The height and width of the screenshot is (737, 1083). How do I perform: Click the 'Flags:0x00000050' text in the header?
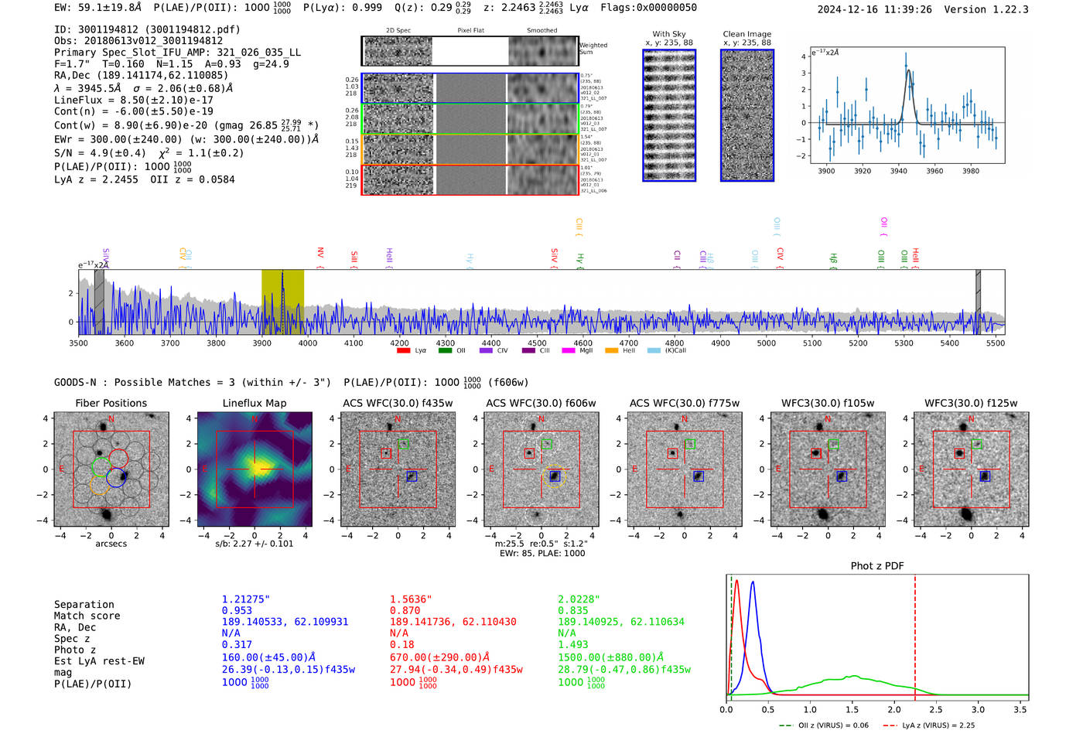pos(648,8)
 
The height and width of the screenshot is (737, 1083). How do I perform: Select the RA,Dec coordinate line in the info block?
pos(142,75)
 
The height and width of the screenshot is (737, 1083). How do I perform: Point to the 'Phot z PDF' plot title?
pos(877,565)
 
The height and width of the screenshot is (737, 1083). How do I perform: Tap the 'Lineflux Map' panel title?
pos(254,403)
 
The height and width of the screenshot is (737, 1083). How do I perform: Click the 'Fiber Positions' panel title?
pos(111,403)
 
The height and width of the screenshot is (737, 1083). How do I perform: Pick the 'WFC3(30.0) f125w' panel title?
pos(971,403)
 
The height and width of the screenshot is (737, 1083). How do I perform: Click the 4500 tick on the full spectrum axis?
pos(537,343)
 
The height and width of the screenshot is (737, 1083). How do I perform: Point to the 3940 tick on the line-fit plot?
pos(898,171)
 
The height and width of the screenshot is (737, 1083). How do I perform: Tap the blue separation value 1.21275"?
pos(246,599)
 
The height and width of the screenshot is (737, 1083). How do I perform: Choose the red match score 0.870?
pos(405,610)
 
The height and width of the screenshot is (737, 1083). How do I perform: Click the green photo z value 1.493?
pos(573,644)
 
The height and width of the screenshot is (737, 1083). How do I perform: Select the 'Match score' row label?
pos(87,616)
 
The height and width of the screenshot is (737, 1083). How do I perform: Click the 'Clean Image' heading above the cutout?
pos(746,34)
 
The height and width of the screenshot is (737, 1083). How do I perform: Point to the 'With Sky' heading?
pos(668,34)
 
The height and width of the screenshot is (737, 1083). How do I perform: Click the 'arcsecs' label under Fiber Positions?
pos(111,544)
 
